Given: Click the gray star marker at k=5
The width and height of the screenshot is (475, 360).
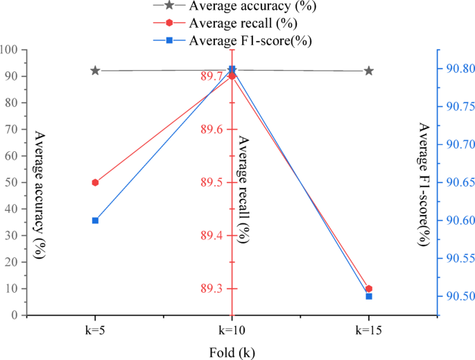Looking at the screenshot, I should pyautogui.click(x=95, y=71).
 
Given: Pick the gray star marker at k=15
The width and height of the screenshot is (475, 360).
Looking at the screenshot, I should pyautogui.click(x=369, y=71).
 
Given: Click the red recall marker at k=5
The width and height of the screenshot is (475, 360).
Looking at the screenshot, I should pyautogui.click(x=95, y=182).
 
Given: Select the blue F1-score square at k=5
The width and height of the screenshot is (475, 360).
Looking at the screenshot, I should pyautogui.click(x=95, y=221).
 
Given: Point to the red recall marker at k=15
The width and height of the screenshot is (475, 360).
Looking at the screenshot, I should pyautogui.click(x=369, y=289).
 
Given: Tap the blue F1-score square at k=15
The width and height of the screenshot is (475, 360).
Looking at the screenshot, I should pyautogui.click(x=369, y=296).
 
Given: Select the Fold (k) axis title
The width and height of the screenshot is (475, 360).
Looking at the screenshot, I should pyautogui.click(x=232, y=352).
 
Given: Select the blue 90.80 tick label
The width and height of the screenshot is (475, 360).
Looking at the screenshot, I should pyautogui.click(x=458, y=68).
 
